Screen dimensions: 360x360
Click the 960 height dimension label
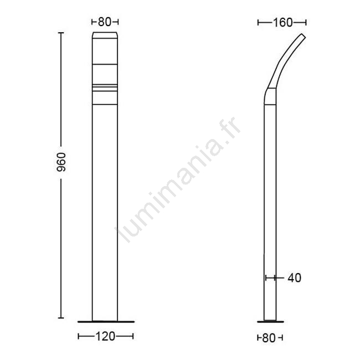(61, 162)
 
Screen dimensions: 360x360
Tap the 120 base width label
(105, 337)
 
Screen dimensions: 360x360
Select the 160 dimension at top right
(282, 23)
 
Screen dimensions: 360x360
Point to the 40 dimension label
(294, 278)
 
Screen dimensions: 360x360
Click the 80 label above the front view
(105, 22)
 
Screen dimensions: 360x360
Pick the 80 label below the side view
(269, 338)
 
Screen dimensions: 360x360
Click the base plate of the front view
(106, 322)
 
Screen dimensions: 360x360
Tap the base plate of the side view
(270, 322)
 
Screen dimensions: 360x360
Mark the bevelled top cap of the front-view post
(105, 35)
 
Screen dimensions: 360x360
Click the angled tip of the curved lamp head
(303, 36)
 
